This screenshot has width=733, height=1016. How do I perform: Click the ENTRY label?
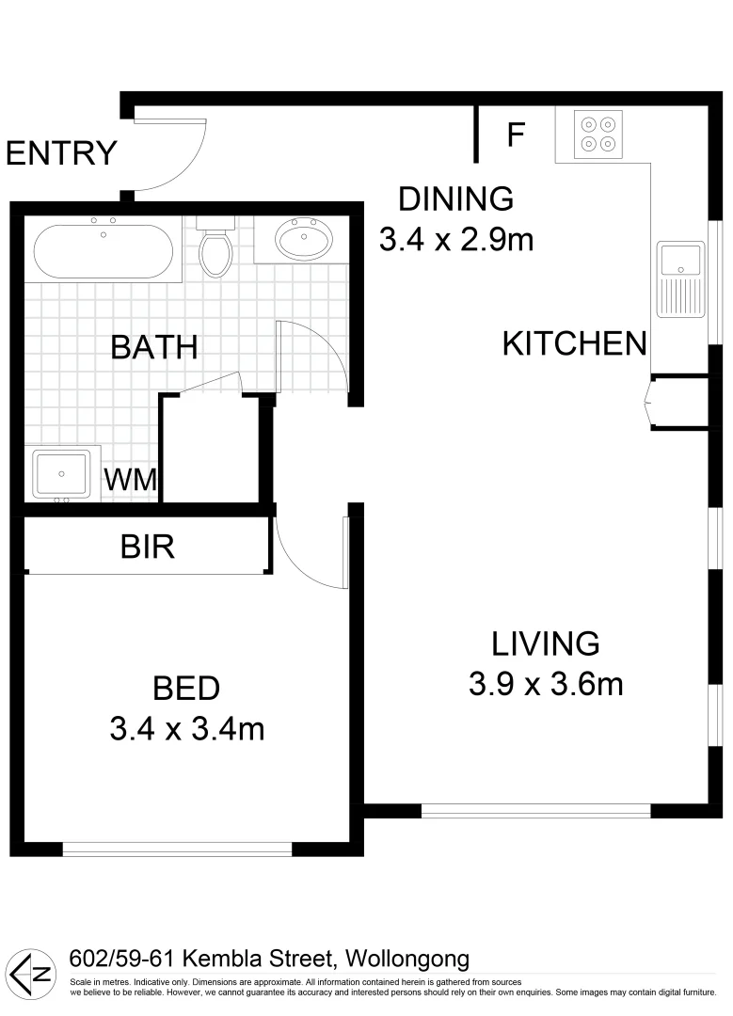pos(61,152)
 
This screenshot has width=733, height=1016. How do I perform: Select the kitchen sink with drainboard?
pos(680,279)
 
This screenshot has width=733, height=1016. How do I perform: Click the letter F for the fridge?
pos(515,135)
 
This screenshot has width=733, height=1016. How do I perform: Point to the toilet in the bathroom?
pos(215,248)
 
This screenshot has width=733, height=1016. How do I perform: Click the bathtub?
pos(104,251)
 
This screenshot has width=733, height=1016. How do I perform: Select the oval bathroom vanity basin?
pos(304,240)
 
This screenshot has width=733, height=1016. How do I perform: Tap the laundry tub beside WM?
pos(62,472)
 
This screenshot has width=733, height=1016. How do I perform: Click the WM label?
pos(130,479)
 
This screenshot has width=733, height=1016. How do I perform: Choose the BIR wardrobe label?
pos(148,547)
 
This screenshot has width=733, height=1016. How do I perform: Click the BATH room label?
pos(154,347)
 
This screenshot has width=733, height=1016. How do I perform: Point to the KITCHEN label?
pos(575,343)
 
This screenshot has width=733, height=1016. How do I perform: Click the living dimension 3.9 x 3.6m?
pos(546,684)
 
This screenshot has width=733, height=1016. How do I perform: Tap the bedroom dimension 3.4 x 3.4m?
pos(186,728)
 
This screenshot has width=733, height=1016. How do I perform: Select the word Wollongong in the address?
pos(407,960)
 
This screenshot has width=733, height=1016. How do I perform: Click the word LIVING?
pos(546,643)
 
